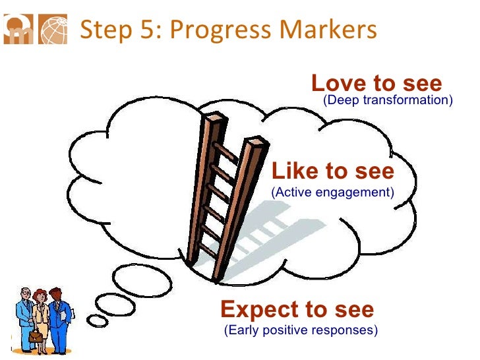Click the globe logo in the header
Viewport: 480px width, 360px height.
pos(53,30)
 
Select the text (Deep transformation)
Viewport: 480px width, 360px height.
pos(387,100)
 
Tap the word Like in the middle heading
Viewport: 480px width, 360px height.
pos(294,171)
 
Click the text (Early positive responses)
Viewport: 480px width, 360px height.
pos(301,330)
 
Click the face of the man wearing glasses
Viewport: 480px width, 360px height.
pos(24,296)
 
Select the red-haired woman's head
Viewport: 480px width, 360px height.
pos(41,295)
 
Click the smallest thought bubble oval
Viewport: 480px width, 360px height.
pos(98,320)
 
